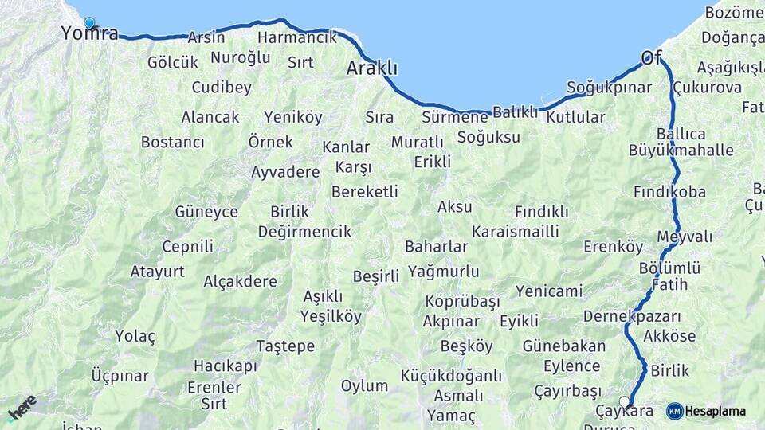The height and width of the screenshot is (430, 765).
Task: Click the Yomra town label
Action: (x=90, y=33)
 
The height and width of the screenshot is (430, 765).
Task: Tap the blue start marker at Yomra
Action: (x=89, y=23)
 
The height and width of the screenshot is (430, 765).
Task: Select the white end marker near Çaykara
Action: (x=624, y=402)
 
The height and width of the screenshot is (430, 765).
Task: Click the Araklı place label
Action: (x=371, y=69)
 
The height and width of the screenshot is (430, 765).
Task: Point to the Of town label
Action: (x=651, y=57)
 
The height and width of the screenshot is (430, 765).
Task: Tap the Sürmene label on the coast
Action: (x=454, y=118)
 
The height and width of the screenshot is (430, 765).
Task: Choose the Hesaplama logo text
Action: (x=715, y=411)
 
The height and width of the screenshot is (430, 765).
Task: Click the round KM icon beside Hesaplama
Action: (x=674, y=411)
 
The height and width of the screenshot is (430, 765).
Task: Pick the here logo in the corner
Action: (x=22, y=407)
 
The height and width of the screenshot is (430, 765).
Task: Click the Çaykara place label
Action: (x=625, y=412)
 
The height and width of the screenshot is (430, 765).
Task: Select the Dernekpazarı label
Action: (x=632, y=316)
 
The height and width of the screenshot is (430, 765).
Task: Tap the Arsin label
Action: (x=206, y=37)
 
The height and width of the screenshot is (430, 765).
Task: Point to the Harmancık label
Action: (x=297, y=37)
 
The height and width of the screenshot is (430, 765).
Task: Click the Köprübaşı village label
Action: (x=462, y=302)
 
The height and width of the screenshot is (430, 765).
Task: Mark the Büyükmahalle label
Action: (x=681, y=150)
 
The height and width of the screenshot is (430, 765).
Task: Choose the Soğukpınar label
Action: (x=609, y=88)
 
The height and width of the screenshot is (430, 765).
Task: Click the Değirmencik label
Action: (x=304, y=232)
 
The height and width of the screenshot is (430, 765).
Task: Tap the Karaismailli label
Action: (x=515, y=232)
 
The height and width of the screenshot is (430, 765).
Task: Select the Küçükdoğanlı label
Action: (x=451, y=376)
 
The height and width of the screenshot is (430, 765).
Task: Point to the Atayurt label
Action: (x=157, y=272)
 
